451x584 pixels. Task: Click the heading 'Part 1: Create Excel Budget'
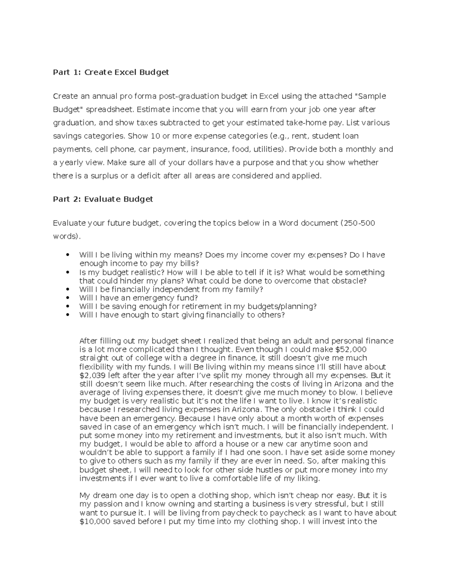point(111,72)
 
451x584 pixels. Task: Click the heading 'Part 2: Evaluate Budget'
point(103,199)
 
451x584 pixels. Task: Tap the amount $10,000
point(95,522)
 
